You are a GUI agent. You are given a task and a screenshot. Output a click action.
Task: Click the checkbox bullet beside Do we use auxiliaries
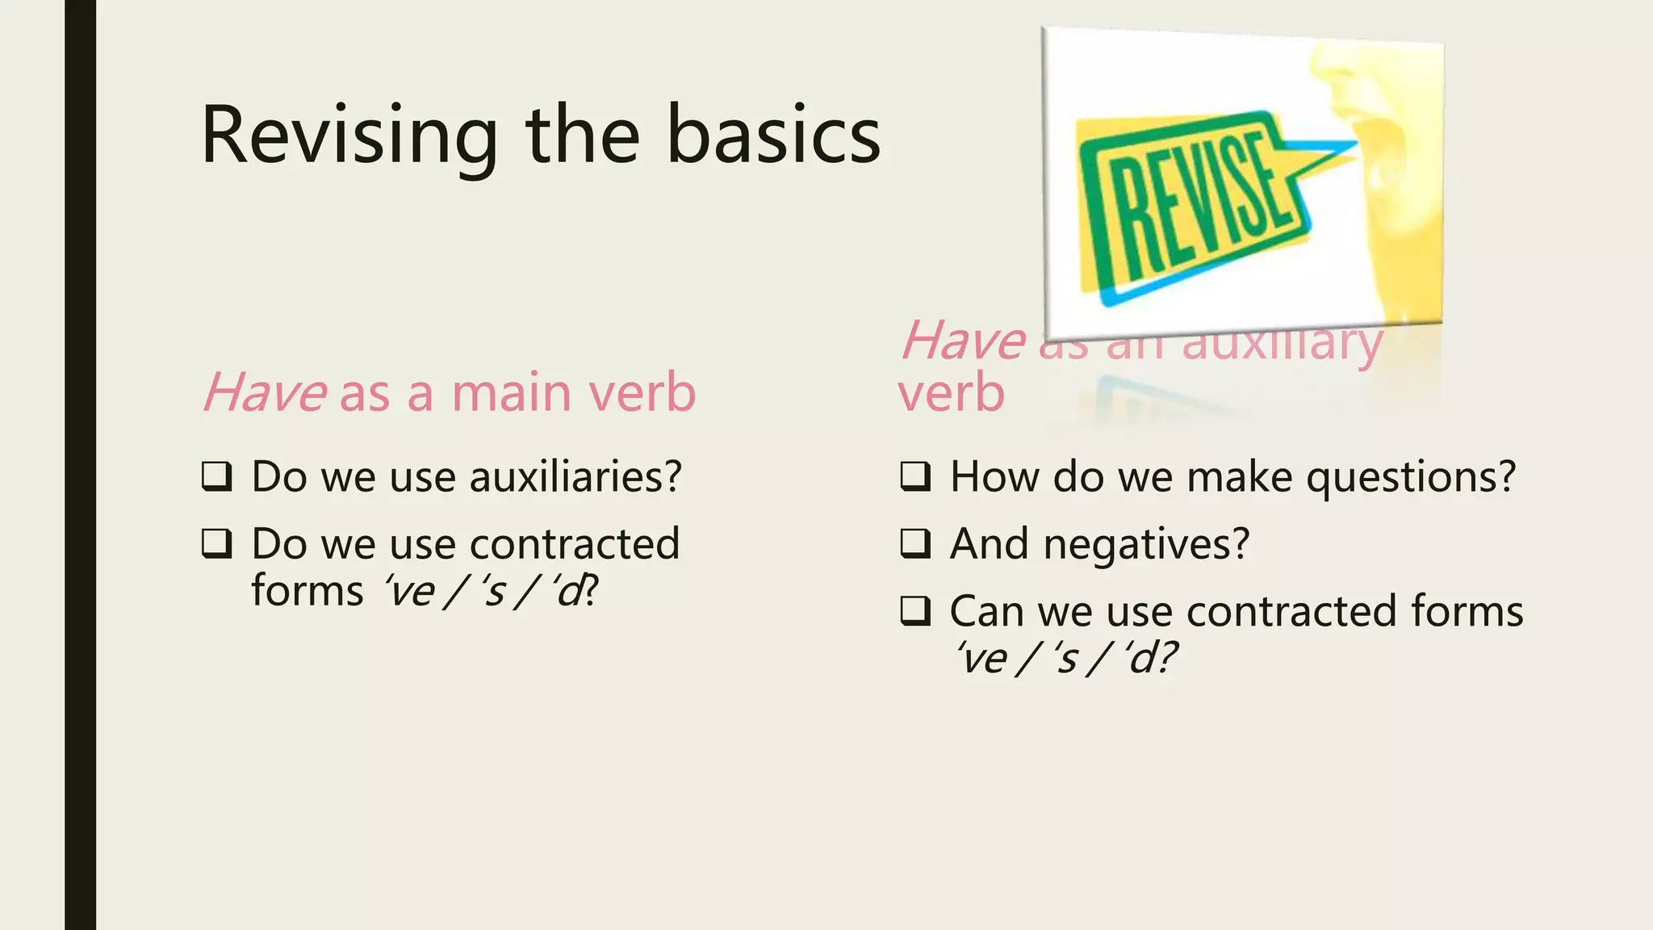tap(217, 476)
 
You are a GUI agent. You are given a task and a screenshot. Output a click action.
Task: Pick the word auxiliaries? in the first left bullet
tap(575, 476)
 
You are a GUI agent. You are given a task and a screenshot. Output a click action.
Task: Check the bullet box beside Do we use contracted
tap(217, 543)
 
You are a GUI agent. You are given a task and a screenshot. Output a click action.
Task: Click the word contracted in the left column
tap(575, 543)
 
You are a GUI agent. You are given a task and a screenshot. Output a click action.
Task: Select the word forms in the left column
tap(307, 590)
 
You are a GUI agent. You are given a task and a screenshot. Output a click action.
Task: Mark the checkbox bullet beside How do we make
tap(916, 476)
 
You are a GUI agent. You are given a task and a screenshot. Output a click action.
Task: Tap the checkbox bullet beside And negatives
tap(916, 543)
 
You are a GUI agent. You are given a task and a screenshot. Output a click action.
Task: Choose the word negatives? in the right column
tap(1146, 543)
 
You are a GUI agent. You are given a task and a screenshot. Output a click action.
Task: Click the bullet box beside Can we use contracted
tap(916, 611)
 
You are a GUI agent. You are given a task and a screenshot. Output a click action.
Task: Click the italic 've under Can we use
tap(981, 658)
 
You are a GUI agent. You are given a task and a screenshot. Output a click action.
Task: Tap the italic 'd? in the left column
tap(575, 591)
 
